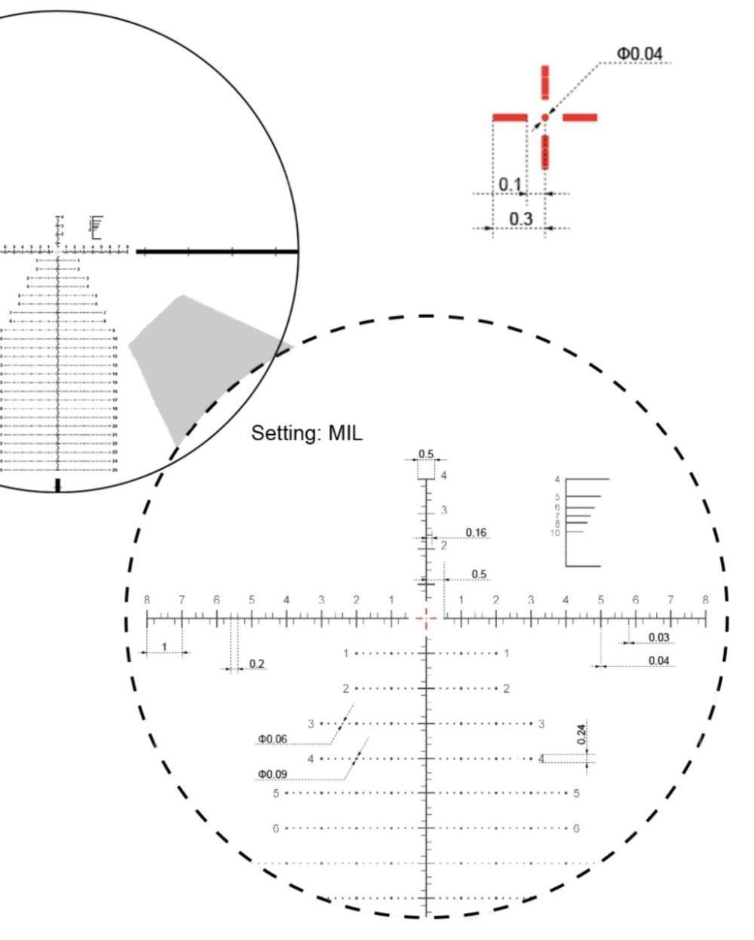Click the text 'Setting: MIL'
pos(307,433)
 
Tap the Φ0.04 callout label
pos(639,54)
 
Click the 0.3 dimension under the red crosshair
pos(520,219)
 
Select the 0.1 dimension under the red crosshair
pos(510,185)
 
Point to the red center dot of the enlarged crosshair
pos(544,118)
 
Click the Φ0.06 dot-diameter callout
pos(272,739)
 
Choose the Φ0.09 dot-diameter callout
pos(272,773)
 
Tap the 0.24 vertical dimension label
pos(581,734)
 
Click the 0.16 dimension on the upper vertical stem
pos(476,533)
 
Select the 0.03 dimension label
pos(659,638)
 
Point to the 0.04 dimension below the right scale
pos(659,660)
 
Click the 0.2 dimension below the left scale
pos(256,664)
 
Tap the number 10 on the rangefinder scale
pos(555,533)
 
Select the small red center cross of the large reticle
pos(427,618)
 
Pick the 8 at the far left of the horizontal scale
pos(147,600)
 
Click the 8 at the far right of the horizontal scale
pos(705,600)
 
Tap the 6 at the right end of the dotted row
pos(577,828)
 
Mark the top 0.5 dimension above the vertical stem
pos(426,454)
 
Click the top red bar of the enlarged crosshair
pos(545,81)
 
